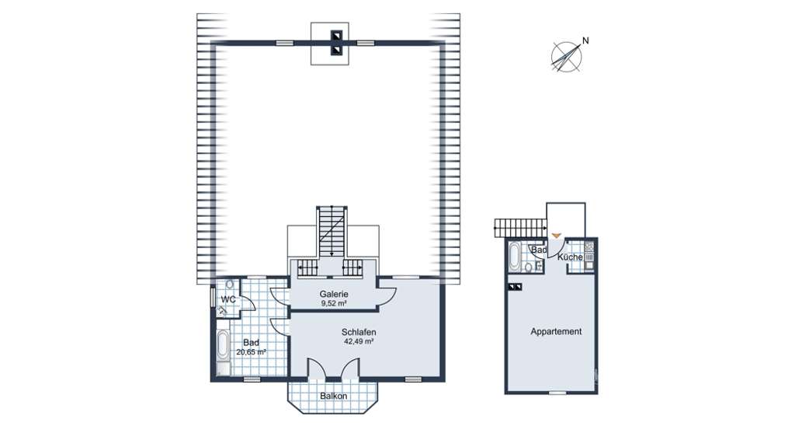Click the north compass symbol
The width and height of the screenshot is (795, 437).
(569, 56)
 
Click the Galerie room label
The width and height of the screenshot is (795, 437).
(334, 294)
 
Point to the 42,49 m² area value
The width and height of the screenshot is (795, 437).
(359, 341)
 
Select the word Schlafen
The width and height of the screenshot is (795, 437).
(359, 331)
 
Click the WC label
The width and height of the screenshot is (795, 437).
(228, 299)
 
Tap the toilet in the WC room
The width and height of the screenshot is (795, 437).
(230, 285)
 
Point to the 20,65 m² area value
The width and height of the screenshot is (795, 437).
(251, 352)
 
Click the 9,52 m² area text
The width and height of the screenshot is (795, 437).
(334, 304)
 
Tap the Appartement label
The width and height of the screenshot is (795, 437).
(555, 331)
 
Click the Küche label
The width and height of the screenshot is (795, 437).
(570, 257)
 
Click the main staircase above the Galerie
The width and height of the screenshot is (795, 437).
(332, 231)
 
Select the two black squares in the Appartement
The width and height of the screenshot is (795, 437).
(515, 287)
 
